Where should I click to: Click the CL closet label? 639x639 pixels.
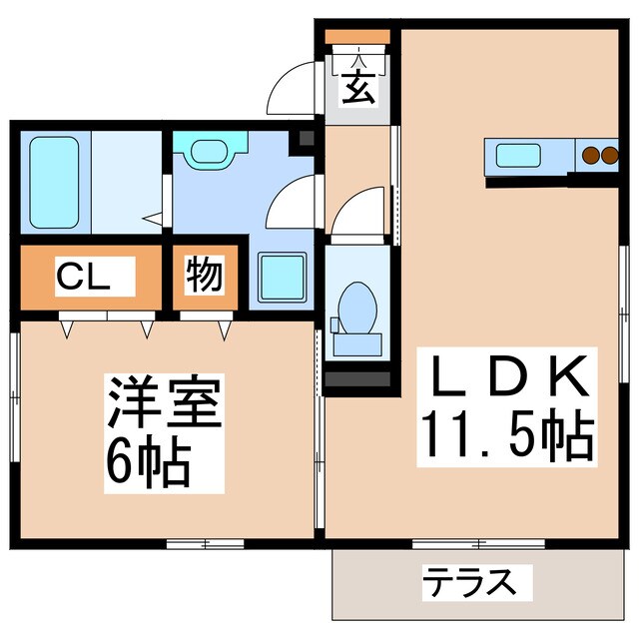click(82, 276)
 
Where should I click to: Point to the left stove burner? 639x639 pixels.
click(590, 155)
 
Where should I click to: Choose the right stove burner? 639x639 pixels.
click(607, 155)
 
